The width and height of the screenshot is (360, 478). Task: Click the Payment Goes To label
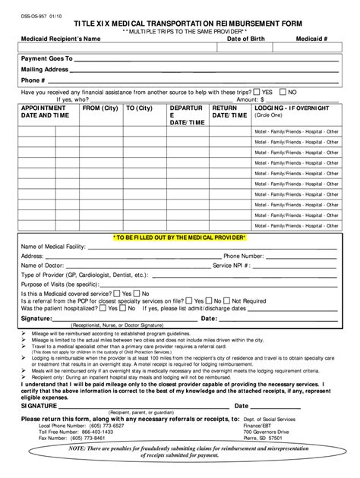point(46,58)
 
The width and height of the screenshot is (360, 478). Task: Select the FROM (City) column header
point(99,108)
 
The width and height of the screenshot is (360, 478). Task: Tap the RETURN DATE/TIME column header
point(229,112)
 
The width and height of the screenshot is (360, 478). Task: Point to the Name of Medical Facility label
point(57,247)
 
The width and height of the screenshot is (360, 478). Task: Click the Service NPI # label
point(232,266)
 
